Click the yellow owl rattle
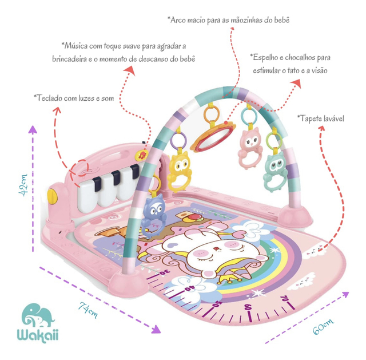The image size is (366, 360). click(179, 171)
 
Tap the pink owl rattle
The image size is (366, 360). click(249, 148)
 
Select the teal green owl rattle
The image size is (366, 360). click(276, 171)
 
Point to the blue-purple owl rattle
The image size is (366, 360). click(153, 215)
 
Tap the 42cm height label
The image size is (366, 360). click(23, 185)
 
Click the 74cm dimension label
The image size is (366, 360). click(87, 310)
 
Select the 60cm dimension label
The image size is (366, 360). click(323, 326)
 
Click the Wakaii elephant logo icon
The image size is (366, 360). click(39, 315)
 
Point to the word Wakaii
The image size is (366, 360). click(38, 335)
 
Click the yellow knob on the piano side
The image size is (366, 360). click(52, 196)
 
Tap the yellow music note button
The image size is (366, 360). click(141, 155)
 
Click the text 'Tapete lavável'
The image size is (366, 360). click(320, 118)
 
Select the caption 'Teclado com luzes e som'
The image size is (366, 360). click(74, 98)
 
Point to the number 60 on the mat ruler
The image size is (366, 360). click(248, 307)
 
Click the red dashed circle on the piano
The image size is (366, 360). click(79, 168)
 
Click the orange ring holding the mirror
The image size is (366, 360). click(212, 113)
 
